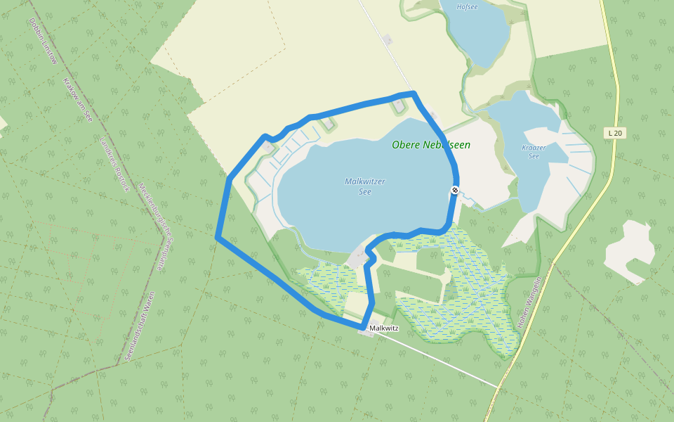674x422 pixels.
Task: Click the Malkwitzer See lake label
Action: (x=364, y=186)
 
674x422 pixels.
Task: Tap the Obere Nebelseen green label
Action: (x=430, y=145)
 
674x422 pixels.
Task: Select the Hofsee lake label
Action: (x=467, y=6)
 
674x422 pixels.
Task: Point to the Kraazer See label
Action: (x=534, y=151)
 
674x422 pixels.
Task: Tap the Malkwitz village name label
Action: (x=383, y=328)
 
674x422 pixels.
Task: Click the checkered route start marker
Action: (x=455, y=190)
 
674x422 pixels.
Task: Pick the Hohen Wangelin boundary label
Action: (x=529, y=303)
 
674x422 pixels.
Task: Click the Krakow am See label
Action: (x=78, y=99)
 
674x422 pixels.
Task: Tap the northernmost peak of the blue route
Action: (x=413, y=93)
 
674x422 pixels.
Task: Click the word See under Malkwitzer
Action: (x=364, y=191)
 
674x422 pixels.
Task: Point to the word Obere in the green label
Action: (x=406, y=145)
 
